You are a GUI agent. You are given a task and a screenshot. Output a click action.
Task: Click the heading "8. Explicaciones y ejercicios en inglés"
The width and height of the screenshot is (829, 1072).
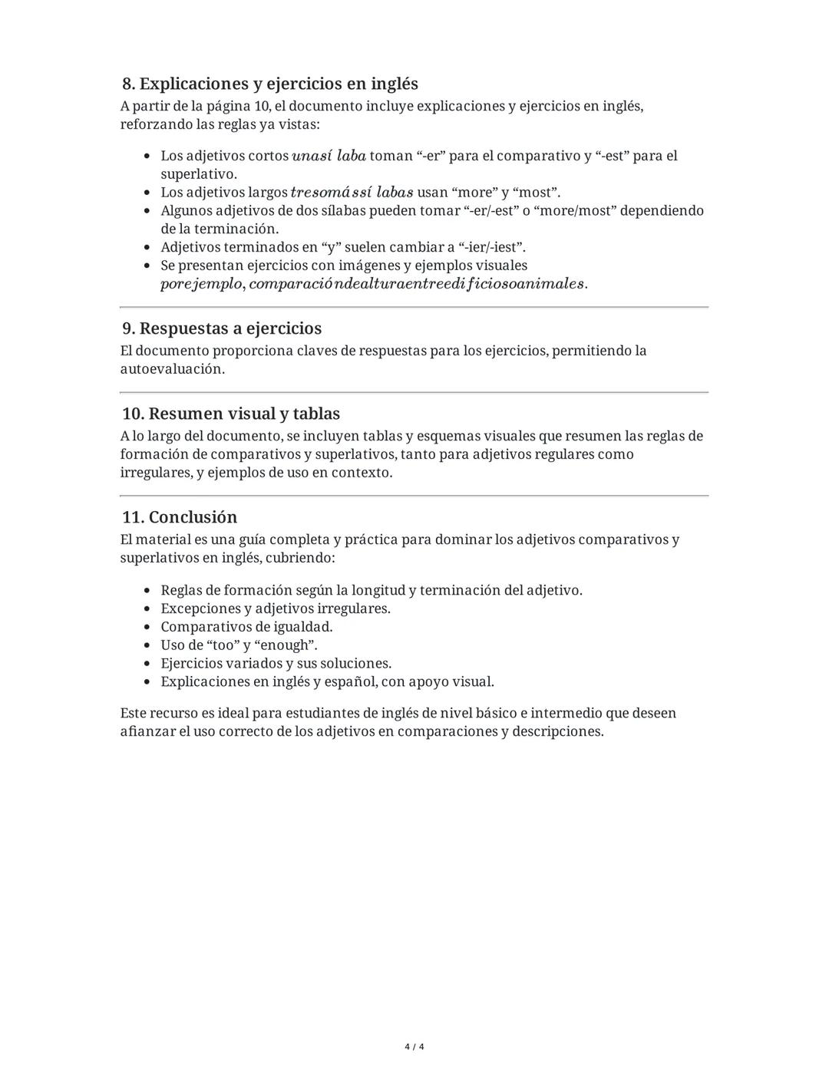(270, 84)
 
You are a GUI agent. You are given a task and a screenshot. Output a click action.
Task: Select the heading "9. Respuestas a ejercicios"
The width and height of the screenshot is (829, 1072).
(222, 328)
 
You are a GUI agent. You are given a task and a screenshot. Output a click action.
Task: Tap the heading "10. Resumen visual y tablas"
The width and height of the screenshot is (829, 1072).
(230, 414)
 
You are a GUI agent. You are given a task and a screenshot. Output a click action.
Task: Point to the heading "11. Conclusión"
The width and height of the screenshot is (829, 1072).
(180, 516)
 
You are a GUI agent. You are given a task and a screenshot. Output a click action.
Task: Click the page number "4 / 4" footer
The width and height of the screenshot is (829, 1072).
(414, 1047)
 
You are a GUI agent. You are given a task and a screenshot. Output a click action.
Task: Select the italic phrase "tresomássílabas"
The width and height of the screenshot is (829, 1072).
(352, 192)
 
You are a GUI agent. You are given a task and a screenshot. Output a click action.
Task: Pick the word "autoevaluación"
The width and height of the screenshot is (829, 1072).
(171, 368)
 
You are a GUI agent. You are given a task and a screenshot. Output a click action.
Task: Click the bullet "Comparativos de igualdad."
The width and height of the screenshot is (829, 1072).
(246, 626)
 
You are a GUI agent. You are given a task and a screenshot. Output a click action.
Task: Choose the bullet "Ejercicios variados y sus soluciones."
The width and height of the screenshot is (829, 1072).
(276, 663)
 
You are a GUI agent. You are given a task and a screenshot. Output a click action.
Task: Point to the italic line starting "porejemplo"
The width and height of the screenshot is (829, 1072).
(373, 284)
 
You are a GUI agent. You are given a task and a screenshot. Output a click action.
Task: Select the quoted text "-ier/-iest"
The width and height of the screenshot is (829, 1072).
(491, 247)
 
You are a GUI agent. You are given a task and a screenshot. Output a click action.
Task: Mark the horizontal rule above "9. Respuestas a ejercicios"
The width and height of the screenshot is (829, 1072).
(414, 307)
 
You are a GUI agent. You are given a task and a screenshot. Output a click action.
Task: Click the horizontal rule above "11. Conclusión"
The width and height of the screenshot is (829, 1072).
(414, 496)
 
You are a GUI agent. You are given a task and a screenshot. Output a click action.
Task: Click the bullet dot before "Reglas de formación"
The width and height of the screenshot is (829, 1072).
(147, 590)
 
